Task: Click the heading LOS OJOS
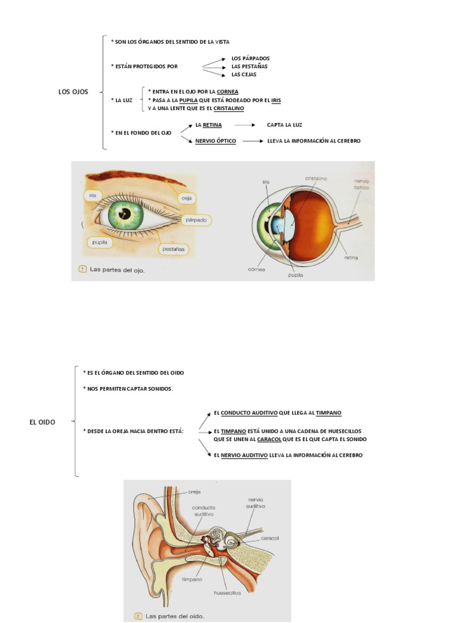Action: point(73,92)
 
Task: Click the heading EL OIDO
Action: point(42,422)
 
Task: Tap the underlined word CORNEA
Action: point(227,92)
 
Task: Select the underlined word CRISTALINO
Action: point(229,108)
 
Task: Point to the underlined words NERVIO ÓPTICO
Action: point(216,141)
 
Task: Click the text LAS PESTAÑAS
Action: point(249,66)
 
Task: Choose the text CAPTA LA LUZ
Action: point(285,125)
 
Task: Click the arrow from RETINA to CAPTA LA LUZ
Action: point(244,125)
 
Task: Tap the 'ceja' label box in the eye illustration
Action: point(186,198)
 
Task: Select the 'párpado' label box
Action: point(196,220)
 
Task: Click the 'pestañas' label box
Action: point(173,249)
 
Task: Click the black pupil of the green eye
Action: point(125,214)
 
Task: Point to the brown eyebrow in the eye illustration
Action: point(135,177)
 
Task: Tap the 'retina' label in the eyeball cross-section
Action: point(351,258)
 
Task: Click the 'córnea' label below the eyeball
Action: point(257,270)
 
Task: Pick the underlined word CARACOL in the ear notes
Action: point(269,439)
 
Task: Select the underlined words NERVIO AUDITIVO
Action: point(244,455)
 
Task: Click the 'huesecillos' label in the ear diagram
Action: point(227,593)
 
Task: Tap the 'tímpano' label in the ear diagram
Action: point(192,580)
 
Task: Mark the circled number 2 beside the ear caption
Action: point(138,616)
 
